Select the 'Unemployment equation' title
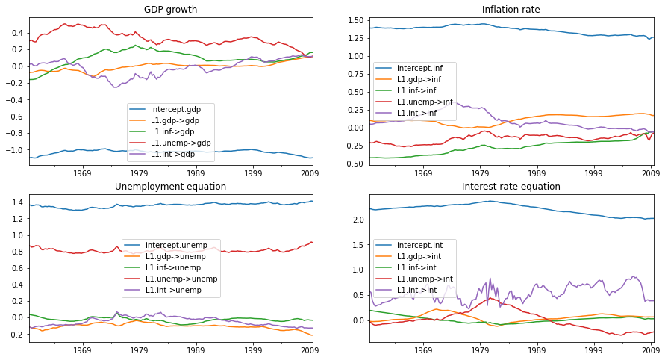pos(171,187)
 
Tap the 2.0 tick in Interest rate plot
pos(357,220)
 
